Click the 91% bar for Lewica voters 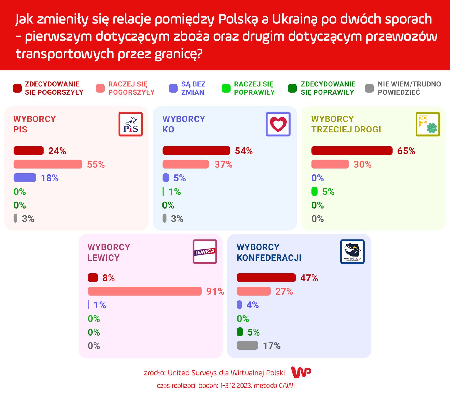(145, 291)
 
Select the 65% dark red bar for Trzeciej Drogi (352, 151)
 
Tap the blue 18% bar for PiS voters (25, 178)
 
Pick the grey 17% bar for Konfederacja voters (247, 346)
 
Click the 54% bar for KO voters (196, 151)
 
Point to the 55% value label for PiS (96, 164)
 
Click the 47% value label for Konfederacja (309, 278)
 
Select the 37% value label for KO (223, 164)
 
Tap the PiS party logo (131, 124)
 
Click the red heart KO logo (278, 124)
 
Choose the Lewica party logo (205, 252)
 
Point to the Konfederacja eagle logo (352, 252)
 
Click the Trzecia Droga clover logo (428, 124)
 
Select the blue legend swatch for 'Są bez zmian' (173, 88)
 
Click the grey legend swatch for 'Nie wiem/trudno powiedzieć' (369, 88)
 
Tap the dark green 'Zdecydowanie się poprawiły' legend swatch (292, 88)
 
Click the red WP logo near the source (301, 372)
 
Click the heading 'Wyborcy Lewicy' (109, 252)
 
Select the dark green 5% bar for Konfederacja (240, 332)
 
